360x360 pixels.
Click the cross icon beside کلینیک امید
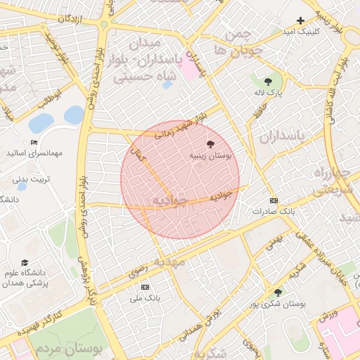pos(301,20)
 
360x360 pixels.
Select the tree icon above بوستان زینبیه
pos(212,143)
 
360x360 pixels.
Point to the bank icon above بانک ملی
pos(146,287)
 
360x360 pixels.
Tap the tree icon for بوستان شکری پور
pos(278,292)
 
